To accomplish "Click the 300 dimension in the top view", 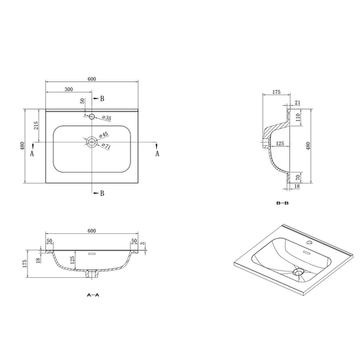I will click(68, 91).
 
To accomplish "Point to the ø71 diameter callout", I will click(106, 146).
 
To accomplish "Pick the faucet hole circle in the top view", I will click(91, 116).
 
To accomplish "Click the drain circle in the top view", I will click(91, 143).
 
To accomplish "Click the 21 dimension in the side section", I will click(296, 103).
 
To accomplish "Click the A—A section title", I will click(92, 295).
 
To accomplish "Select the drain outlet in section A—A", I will click(91, 274).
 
